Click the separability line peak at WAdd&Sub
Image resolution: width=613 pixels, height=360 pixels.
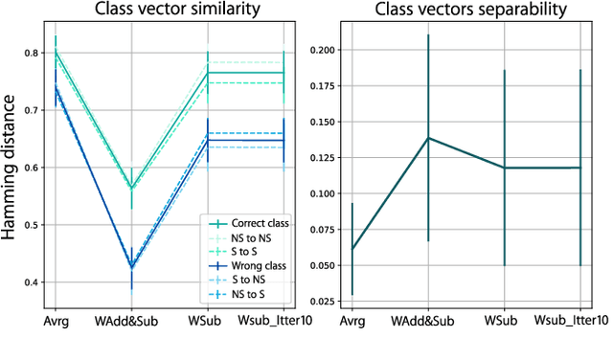coord(428,138)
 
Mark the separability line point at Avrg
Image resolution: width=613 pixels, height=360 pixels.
coord(352,250)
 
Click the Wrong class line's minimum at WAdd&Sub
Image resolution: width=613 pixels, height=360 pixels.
coord(132,267)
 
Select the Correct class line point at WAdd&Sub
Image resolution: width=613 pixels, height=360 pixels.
coord(132,188)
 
